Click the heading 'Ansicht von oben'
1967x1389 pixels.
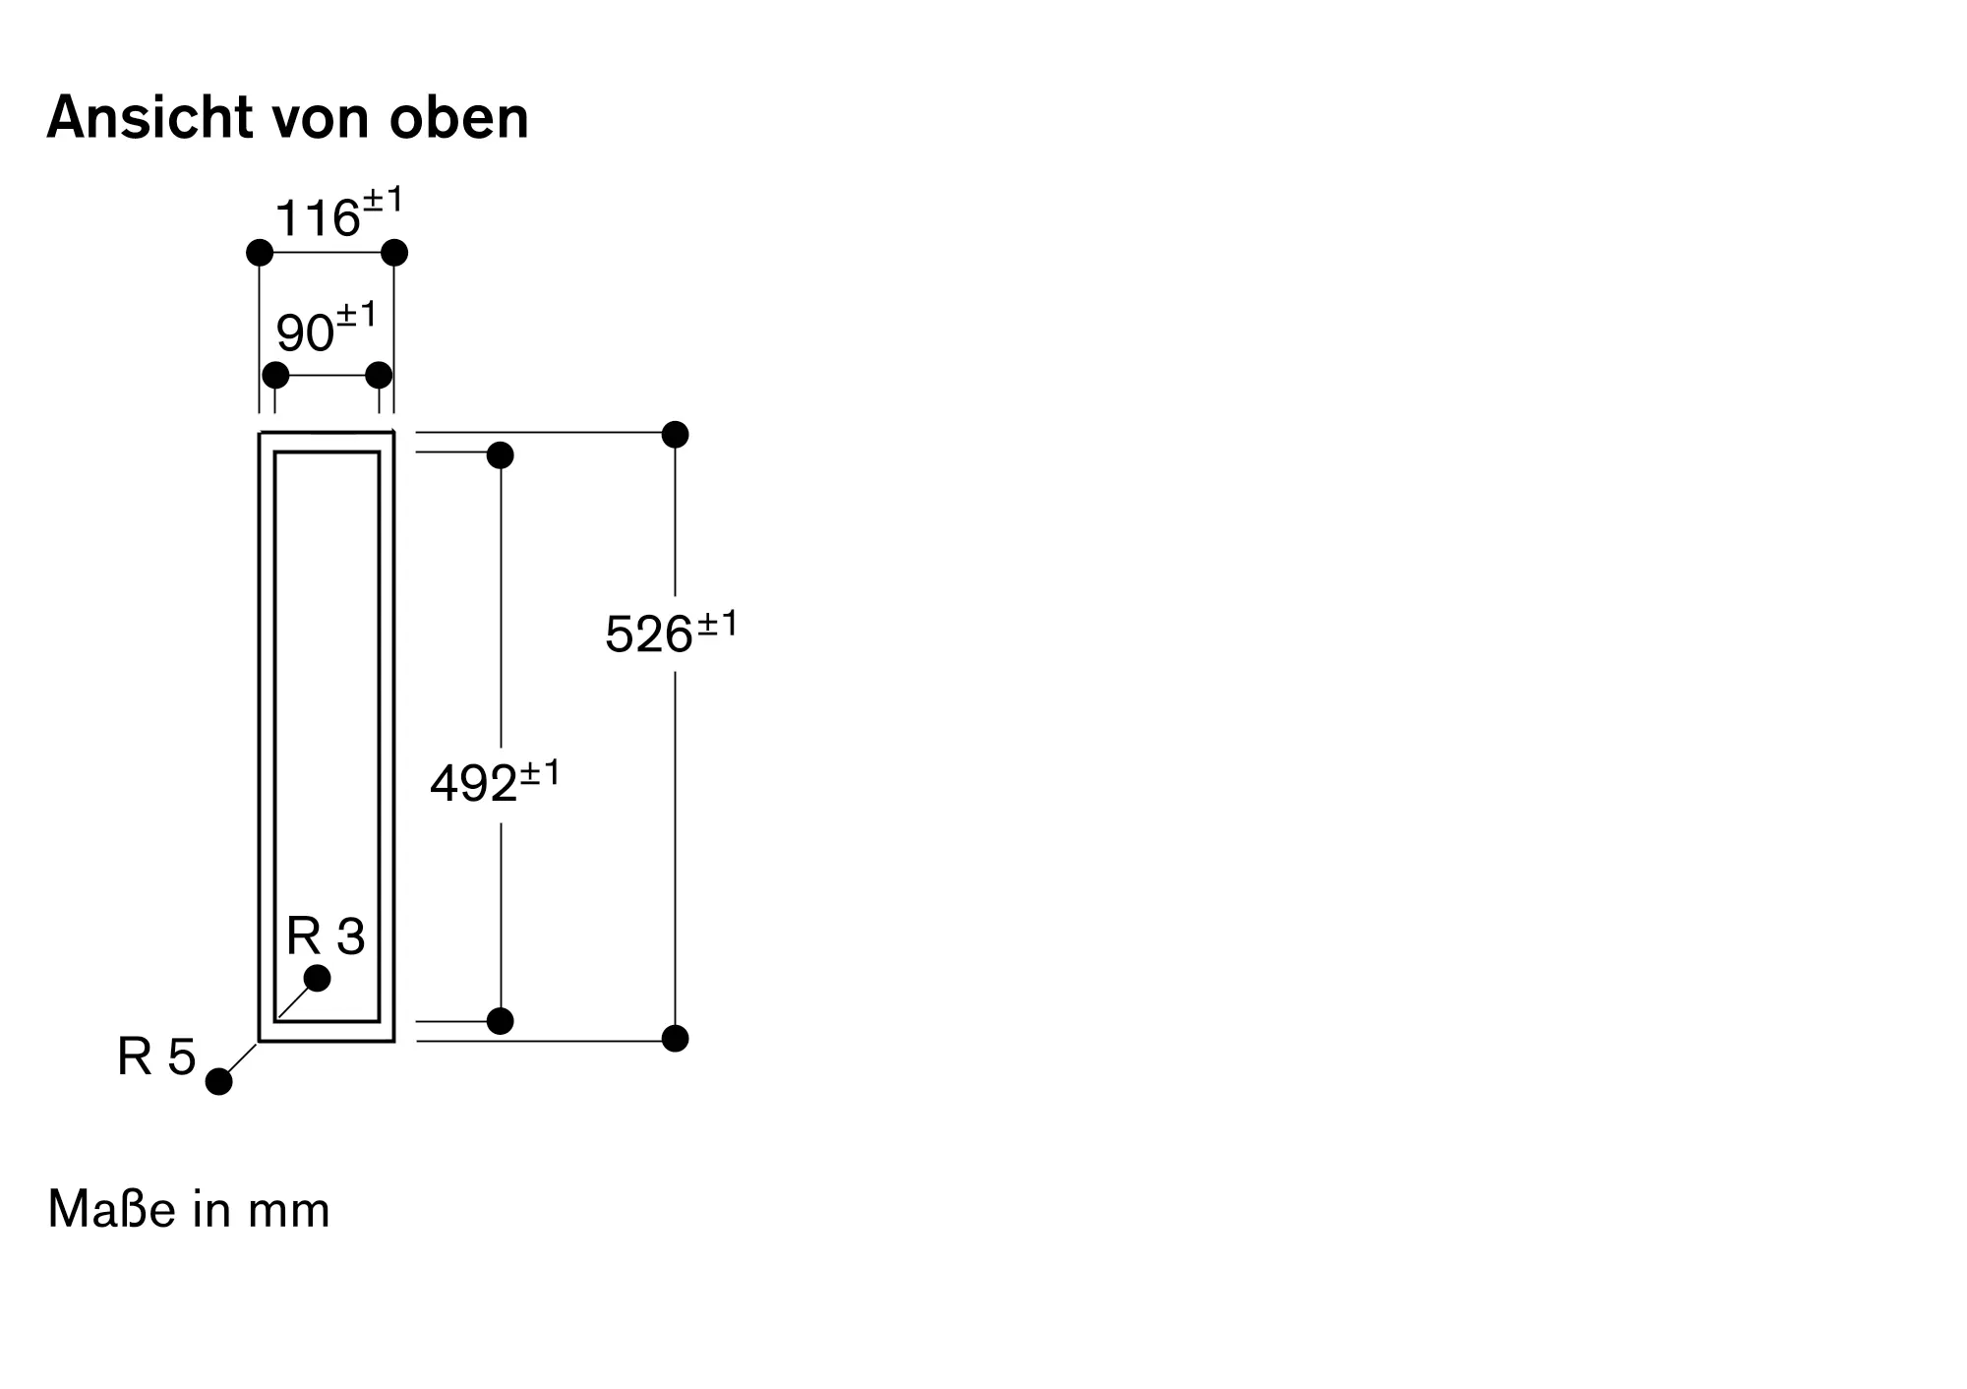point(287,118)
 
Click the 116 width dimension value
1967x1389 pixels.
point(318,217)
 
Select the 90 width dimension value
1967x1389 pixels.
point(305,332)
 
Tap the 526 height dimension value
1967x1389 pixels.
point(649,634)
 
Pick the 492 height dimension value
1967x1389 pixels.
point(474,783)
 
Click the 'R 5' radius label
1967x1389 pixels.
point(156,1057)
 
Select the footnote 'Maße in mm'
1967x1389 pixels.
point(189,1209)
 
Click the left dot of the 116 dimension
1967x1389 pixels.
point(260,253)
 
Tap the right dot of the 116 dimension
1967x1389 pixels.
point(394,253)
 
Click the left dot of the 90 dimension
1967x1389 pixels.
point(276,375)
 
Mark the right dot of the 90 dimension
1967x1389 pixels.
point(379,375)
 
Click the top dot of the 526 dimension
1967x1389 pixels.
point(675,434)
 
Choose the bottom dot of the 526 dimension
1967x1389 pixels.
point(675,1038)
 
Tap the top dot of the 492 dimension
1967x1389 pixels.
point(501,455)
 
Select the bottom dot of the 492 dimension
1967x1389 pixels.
point(501,1021)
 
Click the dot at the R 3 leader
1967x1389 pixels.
point(318,978)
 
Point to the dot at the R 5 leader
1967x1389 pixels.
point(219,1081)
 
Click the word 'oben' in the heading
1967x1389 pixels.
point(459,118)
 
